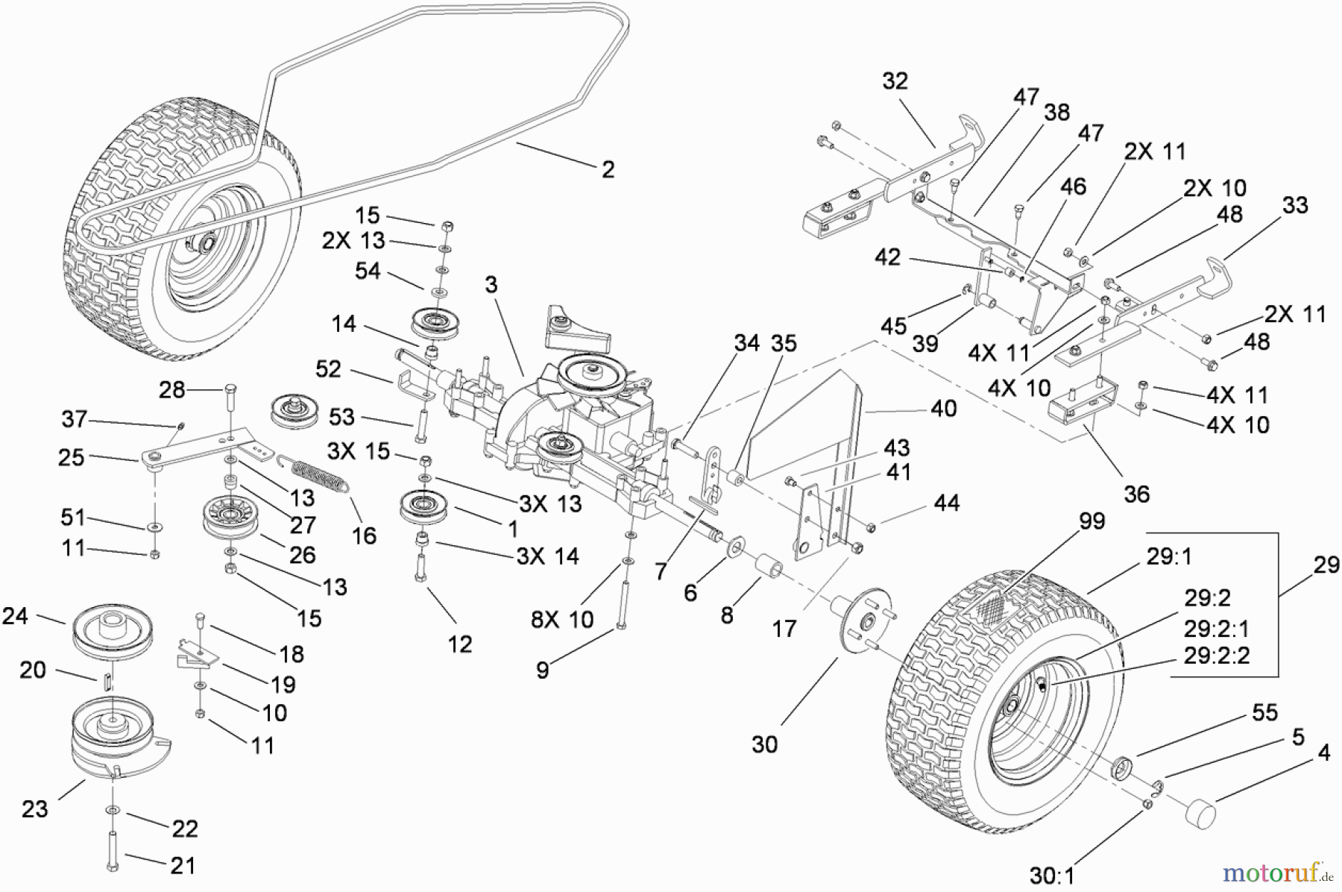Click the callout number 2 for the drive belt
tap(608, 169)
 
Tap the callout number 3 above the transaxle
tap(491, 285)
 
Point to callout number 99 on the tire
tap(1091, 521)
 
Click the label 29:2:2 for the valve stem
tap(1216, 656)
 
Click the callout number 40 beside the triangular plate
tap(943, 409)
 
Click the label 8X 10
tap(562, 619)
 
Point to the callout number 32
tap(895, 81)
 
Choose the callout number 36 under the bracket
tap(1135, 494)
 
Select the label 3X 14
tap(547, 556)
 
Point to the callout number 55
tap(1264, 713)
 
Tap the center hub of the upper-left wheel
tap(205, 242)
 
